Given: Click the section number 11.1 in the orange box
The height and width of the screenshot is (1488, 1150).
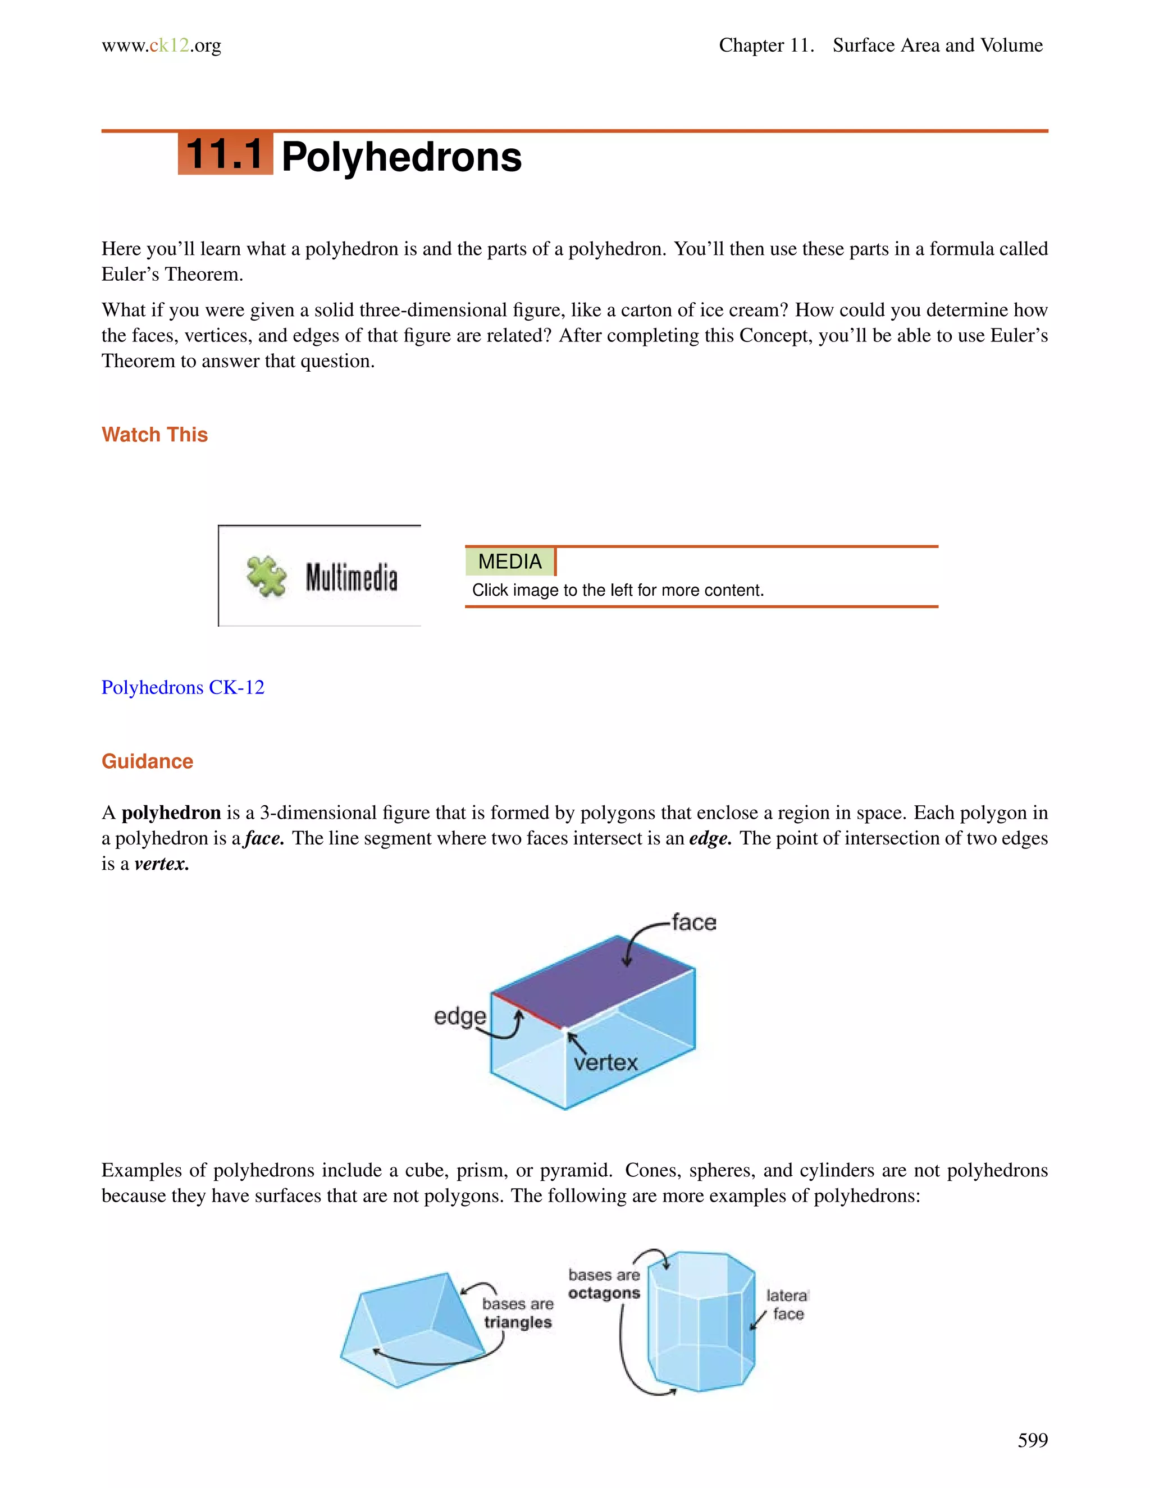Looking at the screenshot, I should tap(225, 154).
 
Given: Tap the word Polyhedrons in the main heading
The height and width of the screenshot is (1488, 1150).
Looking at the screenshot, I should tap(401, 157).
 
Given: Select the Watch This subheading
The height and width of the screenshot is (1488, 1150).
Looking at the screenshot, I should tap(154, 435).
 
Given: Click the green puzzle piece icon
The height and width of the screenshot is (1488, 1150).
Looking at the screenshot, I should tap(266, 577).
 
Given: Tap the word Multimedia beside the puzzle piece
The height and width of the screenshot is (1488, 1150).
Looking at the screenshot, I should tap(351, 577).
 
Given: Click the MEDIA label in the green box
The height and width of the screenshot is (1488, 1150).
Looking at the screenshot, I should tap(510, 562).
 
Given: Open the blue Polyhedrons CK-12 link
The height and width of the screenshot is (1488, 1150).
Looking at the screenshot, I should tap(182, 687).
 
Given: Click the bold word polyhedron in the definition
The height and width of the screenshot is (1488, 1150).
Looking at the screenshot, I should tap(171, 813).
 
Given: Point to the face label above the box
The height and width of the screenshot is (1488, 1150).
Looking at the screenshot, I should tap(693, 923).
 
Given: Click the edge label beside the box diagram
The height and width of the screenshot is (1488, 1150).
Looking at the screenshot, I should tap(460, 1016).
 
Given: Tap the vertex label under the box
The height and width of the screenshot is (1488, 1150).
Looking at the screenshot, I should tap(605, 1063).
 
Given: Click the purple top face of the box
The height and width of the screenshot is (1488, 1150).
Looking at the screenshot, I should tap(593, 981).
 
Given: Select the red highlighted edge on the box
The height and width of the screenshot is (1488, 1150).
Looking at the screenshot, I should tap(527, 1010).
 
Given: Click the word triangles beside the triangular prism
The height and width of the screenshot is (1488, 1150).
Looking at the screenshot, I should tap(518, 1322).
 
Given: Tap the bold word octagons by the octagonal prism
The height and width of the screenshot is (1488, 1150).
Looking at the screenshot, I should tap(604, 1293).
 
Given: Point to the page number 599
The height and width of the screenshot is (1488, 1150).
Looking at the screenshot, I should tap(1032, 1440).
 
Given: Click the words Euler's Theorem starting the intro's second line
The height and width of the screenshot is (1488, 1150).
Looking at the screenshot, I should tap(172, 275).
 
